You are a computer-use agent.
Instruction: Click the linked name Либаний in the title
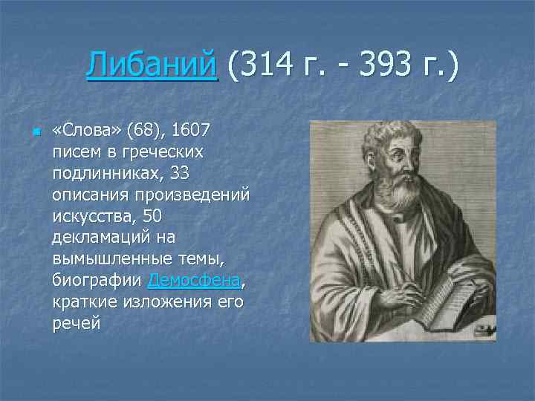pos(152,65)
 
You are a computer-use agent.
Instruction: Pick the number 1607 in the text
pos(191,131)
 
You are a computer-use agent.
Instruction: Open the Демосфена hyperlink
pos(195,280)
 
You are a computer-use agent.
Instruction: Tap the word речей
pos(76,323)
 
